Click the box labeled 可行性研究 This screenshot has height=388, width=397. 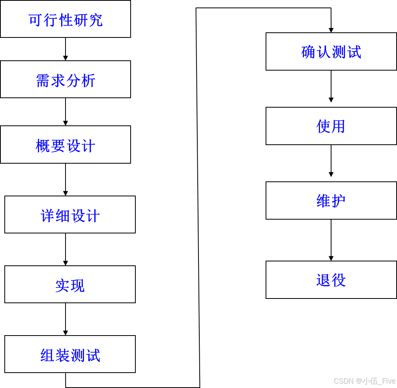(66, 19)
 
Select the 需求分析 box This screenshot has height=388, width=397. (66, 79)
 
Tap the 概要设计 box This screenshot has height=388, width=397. (66, 144)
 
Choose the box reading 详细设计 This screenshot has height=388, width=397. (70, 215)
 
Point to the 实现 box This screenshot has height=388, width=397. (70, 284)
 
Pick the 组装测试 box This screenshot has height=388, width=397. (70, 354)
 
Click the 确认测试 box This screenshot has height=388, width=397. (331, 52)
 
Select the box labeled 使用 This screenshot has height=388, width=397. (331, 126)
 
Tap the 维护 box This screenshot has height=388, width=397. (331, 200)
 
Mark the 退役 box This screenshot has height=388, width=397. (331, 280)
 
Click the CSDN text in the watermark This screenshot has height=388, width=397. (343, 381)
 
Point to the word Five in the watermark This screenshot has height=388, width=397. (388, 381)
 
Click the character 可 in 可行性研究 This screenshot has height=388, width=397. (35, 20)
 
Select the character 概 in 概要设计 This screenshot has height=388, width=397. (42, 146)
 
